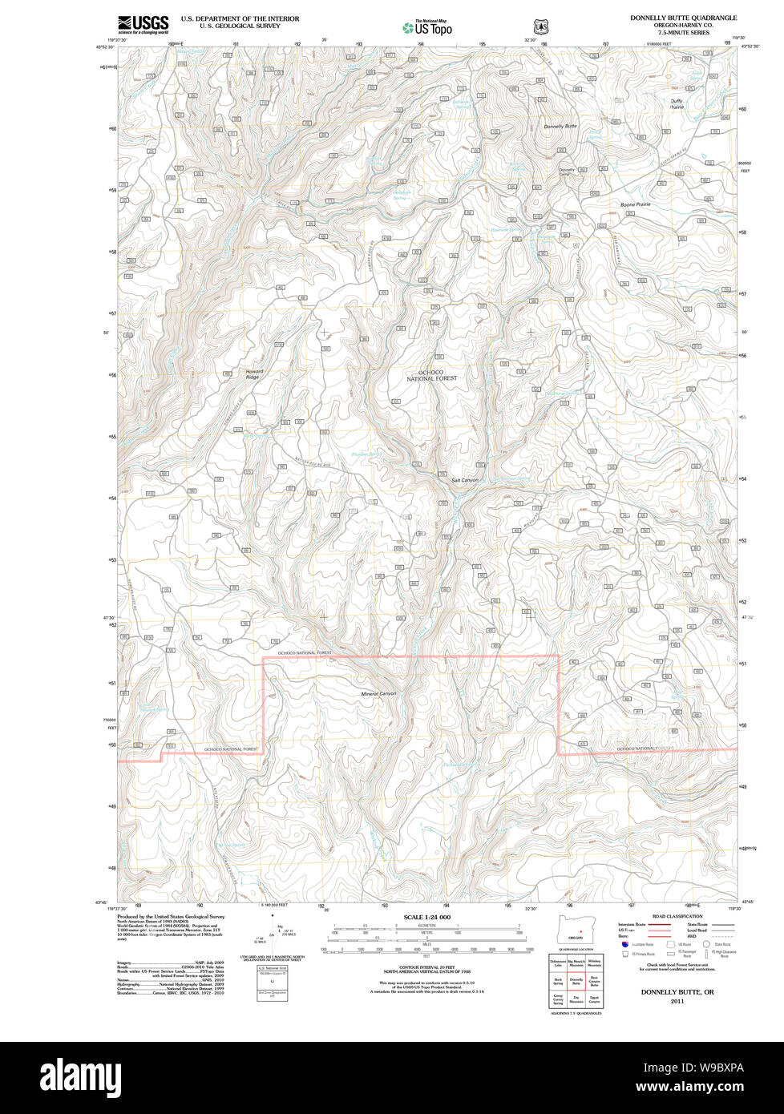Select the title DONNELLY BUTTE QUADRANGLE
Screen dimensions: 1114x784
click(683, 18)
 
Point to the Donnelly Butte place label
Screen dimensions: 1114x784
click(560, 127)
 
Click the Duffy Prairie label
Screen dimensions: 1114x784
click(677, 103)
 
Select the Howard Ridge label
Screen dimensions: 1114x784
click(253, 374)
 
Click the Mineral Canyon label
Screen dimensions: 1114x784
click(378, 693)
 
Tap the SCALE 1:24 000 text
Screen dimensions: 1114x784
click(426, 917)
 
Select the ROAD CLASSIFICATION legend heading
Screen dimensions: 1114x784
click(677, 916)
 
